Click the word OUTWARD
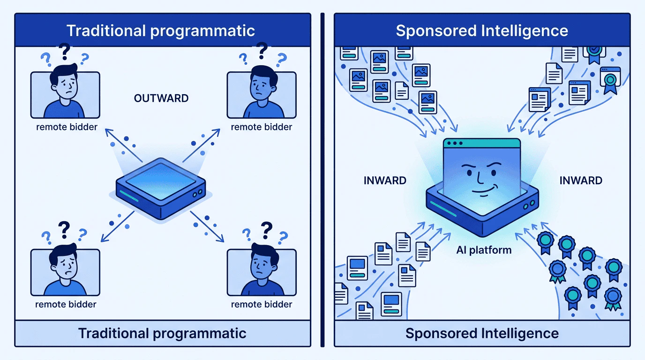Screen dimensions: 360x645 161,98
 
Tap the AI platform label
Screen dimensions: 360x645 484,250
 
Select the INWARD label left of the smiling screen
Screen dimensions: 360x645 385,180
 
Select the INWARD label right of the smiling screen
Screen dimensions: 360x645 581,180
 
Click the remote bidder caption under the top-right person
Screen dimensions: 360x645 262,127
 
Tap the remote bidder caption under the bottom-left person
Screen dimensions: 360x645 66,304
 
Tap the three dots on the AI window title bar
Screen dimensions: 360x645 453,142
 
